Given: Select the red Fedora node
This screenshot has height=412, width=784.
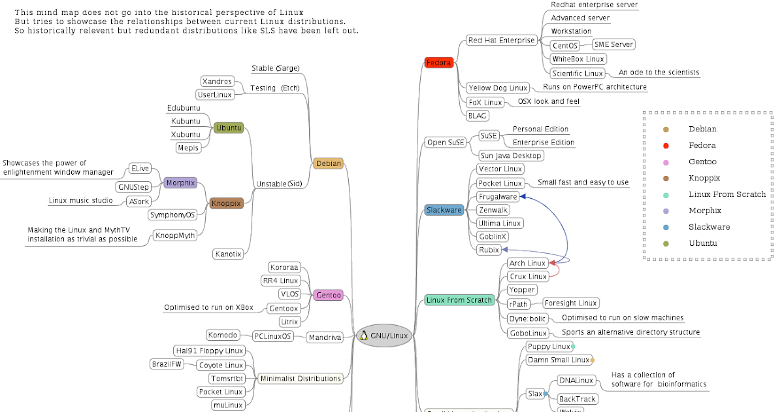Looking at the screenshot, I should click(438, 63).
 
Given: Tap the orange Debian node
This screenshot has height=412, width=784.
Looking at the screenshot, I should click(328, 163).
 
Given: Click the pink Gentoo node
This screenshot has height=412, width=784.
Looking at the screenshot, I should click(328, 295).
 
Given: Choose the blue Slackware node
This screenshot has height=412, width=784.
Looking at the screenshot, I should click(444, 210).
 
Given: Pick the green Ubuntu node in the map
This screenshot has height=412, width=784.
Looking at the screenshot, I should click(229, 128).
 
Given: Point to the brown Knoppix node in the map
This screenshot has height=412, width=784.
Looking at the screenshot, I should click(226, 203).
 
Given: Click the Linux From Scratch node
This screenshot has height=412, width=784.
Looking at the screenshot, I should click(459, 300).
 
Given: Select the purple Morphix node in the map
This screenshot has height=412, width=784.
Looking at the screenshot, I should click(180, 183).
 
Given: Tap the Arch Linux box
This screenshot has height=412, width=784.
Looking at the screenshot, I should click(527, 263).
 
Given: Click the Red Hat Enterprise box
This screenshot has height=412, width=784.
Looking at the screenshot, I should click(501, 41).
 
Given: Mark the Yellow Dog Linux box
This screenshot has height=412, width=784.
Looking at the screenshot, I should click(497, 88).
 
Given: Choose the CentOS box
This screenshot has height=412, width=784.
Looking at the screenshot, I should click(565, 46).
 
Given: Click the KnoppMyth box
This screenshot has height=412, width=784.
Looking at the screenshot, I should click(175, 235).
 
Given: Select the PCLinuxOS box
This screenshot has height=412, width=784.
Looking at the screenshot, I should click(273, 336).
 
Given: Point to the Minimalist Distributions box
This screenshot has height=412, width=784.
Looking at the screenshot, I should click(301, 378).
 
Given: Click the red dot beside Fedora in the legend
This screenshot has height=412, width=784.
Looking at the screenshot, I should click(665, 145).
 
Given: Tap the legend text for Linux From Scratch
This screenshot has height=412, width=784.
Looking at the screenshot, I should click(727, 194).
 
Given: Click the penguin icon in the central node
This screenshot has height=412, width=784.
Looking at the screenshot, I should click(363, 335).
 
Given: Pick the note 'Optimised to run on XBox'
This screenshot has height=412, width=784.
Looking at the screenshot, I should click(208, 307).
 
